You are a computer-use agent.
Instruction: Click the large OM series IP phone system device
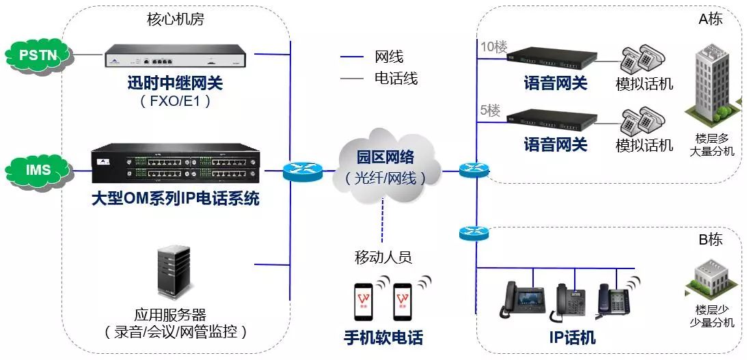176,167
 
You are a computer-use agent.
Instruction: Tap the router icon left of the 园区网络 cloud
303,171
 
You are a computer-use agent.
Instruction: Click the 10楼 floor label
494,46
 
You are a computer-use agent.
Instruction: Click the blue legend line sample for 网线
353,57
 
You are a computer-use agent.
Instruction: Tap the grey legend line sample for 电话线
353,79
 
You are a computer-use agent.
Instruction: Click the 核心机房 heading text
176,18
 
